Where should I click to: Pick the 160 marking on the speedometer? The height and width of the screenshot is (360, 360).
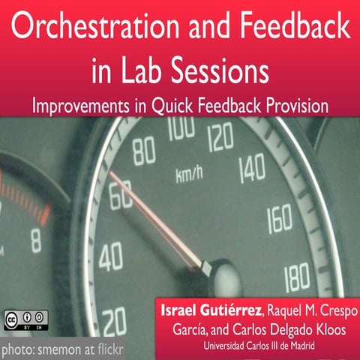click(279, 220)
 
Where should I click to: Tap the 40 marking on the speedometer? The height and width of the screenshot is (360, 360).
click(110, 257)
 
